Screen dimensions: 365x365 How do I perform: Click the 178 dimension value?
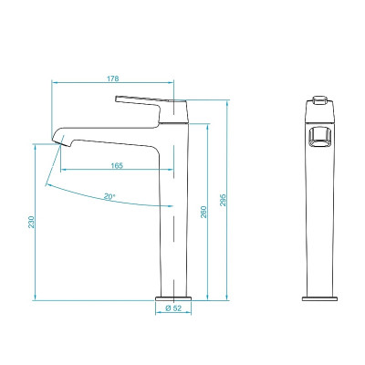point(112,78)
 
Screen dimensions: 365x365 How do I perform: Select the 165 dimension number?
point(117,165)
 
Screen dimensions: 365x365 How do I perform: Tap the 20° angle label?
point(109,195)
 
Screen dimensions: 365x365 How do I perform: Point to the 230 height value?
point(31,222)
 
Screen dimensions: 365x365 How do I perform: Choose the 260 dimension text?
point(204,212)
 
